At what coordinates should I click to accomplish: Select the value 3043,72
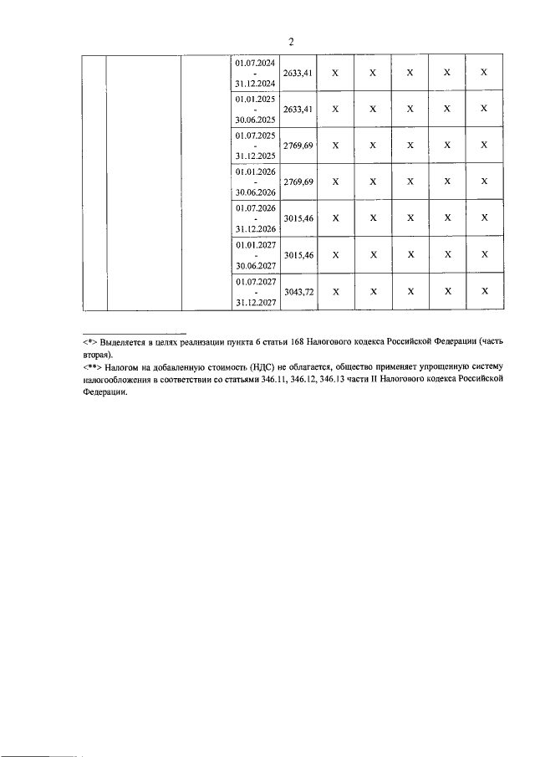click(x=298, y=292)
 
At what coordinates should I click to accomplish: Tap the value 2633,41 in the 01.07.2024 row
click(x=298, y=73)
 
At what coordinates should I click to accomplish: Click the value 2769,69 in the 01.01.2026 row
click(x=298, y=182)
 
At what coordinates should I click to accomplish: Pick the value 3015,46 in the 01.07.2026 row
click(x=298, y=218)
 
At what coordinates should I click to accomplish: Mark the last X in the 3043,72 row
click(x=484, y=292)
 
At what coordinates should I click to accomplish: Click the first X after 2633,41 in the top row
click(x=335, y=73)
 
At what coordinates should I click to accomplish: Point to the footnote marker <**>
click(x=91, y=367)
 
